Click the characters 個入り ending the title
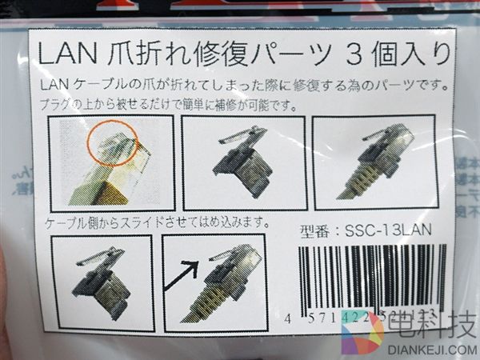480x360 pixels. click(412, 56)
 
